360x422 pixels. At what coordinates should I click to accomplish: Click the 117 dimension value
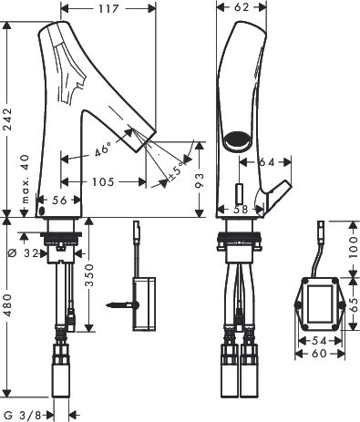(x=108, y=8)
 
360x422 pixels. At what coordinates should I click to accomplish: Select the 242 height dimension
(x=6, y=119)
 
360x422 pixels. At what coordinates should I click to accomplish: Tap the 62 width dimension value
(x=242, y=6)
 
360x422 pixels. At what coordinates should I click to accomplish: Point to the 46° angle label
(x=103, y=150)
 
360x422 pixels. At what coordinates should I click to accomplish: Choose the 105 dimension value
(x=103, y=181)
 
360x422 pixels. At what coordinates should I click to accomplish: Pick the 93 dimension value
(x=199, y=180)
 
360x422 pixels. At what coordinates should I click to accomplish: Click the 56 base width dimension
(x=59, y=200)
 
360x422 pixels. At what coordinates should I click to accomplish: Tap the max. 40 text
(x=26, y=179)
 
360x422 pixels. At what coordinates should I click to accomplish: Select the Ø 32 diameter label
(x=23, y=252)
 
